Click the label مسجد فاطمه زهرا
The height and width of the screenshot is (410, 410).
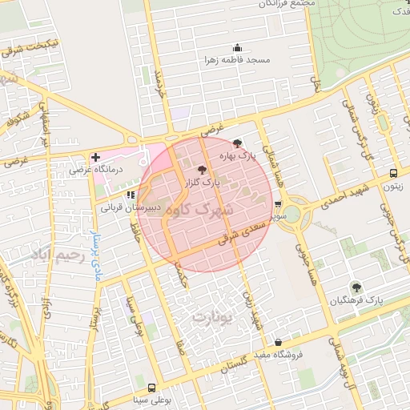coord(237,61)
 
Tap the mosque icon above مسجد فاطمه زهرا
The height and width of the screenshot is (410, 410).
coord(236,48)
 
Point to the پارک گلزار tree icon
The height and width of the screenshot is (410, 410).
coord(201,170)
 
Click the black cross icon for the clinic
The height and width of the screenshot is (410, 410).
coord(96,156)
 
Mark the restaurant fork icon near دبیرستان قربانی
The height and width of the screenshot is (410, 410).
coord(130,194)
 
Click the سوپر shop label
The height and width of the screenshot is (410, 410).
coord(278,217)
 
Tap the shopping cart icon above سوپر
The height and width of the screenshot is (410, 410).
coord(278,204)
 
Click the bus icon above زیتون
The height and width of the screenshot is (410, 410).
coord(392,173)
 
